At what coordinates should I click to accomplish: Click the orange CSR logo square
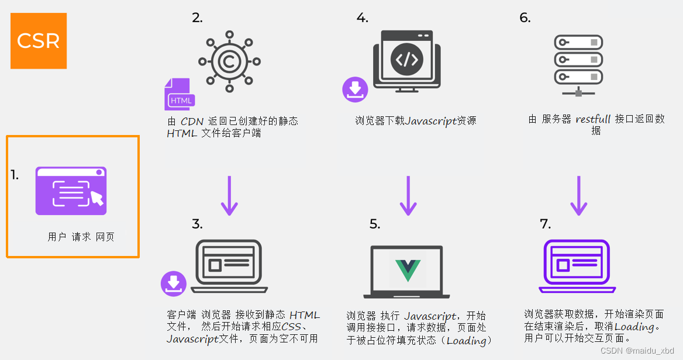tap(39, 41)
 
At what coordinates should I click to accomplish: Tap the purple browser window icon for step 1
tap(71, 191)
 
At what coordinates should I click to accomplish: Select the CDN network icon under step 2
tap(229, 61)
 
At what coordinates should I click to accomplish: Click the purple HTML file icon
tap(179, 94)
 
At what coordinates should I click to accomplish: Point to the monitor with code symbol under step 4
tap(407, 61)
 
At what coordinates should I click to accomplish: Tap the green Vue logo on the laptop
tap(408, 269)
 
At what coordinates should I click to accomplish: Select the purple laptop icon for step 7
tap(577, 266)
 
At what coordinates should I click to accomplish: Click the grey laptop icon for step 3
tap(229, 266)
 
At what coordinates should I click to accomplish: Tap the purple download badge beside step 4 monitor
tap(355, 89)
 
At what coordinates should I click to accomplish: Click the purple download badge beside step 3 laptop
tap(173, 283)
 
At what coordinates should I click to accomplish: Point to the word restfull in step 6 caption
tap(593, 119)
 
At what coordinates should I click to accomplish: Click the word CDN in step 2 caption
tap(192, 122)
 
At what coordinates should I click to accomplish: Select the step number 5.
tap(374, 224)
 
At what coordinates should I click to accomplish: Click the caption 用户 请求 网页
tap(81, 237)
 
